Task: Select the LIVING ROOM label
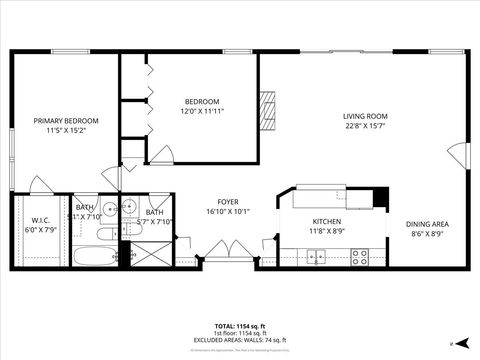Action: coord(365,116)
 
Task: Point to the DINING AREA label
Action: coord(426,224)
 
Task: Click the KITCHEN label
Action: coord(327,221)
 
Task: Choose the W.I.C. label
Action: coord(41,220)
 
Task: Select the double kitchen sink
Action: coord(316,257)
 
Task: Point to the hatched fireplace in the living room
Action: coord(266,105)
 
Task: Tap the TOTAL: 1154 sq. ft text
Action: coord(239,326)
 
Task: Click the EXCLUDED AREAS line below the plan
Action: coord(239,340)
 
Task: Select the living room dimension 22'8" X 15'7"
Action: coord(365,126)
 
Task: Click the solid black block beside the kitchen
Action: coord(381,197)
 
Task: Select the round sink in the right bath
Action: coord(129,208)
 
